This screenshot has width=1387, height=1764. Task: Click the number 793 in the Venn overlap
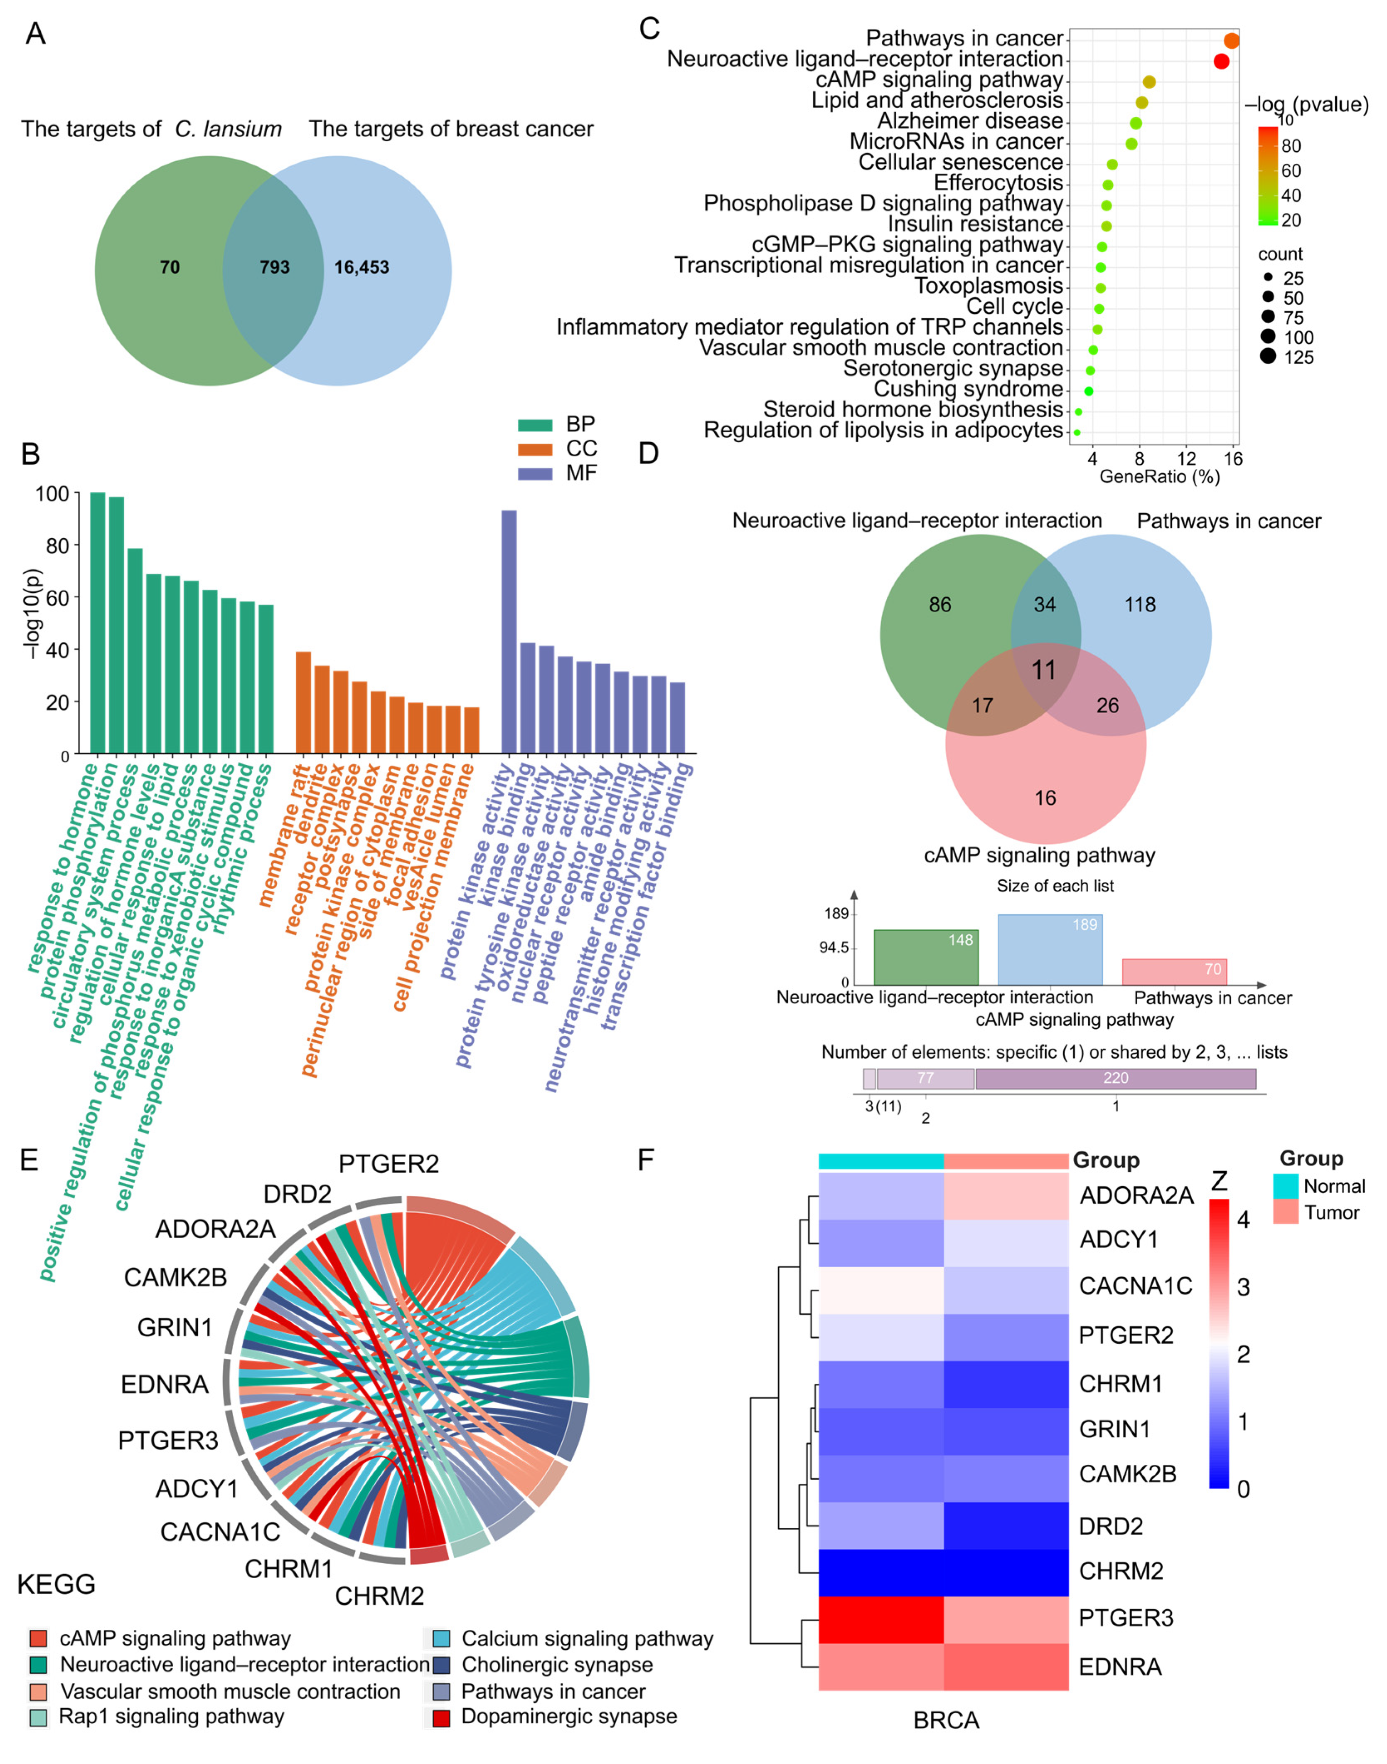(x=275, y=267)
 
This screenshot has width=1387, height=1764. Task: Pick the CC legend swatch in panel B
(x=535, y=449)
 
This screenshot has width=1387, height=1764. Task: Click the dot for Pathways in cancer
(x=1231, y=41)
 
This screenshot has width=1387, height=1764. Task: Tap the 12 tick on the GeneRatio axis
(x=1186, y=459)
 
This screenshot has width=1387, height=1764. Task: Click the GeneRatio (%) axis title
(x=1160, y=477)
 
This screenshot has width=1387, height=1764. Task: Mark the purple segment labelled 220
(x=1116, y=1079)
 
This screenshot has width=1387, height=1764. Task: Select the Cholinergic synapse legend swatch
(x=441, y=1666)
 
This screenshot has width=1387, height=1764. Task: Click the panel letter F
(x=646, y=1160)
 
